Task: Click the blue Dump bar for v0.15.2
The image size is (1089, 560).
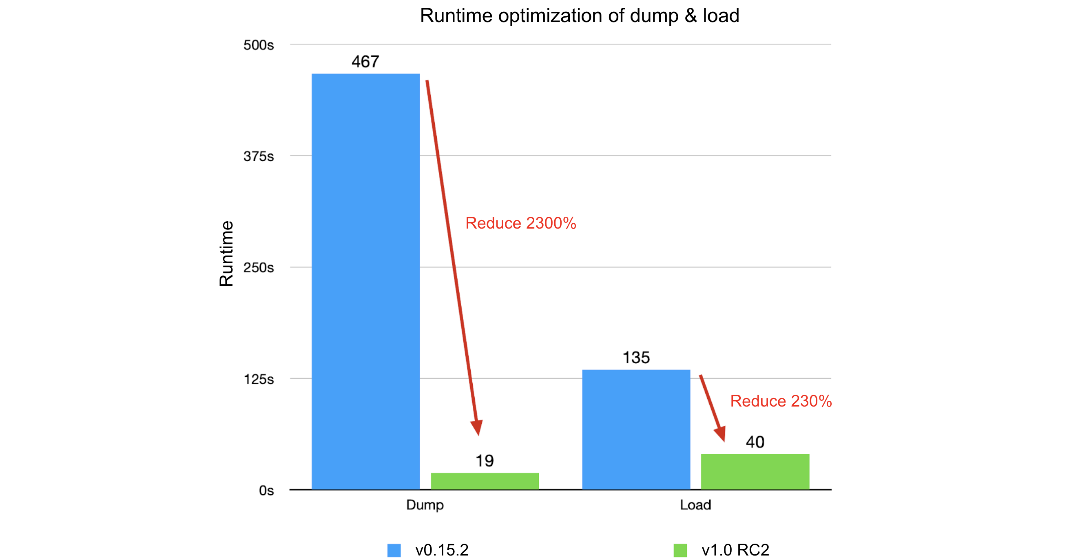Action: click(365, 281)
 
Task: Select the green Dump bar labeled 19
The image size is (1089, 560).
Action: click(485, 481)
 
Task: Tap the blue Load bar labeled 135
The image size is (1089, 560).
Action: click(636, 429)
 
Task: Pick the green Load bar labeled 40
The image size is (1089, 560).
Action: click(755, 471)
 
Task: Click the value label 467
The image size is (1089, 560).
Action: click(365, 62)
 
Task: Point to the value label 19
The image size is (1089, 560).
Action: click(485, 460)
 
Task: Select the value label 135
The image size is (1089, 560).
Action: click(636, 358)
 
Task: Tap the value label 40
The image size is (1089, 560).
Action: click(755, 442)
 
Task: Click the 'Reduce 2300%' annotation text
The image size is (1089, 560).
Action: click(520, 223)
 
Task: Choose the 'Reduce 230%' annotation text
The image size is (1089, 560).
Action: click(781, 401)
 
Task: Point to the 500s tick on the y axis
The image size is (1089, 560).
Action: click(258, 45)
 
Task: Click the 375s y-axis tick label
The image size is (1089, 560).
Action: click(258, 156)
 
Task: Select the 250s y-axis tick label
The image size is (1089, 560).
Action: click(258, 268)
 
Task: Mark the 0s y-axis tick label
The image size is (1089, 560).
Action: click(266, 491)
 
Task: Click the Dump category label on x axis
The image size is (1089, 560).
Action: click(425, 504)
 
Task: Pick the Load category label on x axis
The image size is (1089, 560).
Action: click(695, 504)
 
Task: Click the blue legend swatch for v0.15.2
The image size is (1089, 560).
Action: click(394, 550)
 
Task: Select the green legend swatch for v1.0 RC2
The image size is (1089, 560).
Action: click(680, 550)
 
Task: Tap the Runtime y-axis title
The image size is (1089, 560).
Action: click(226, 253)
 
